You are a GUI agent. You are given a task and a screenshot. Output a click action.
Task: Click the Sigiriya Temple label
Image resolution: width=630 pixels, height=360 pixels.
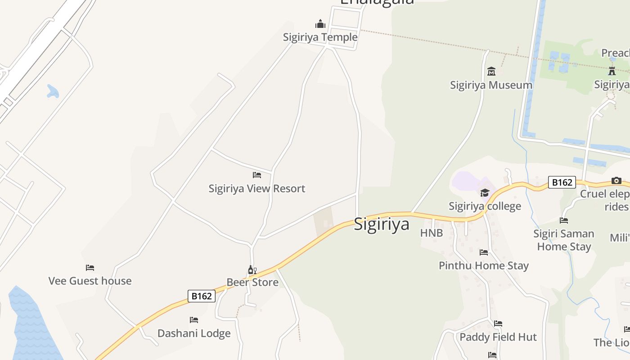320,37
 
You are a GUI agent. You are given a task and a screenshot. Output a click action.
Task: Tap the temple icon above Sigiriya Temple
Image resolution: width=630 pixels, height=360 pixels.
320,24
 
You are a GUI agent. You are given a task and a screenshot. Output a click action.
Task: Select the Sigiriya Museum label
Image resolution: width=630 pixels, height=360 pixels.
491,85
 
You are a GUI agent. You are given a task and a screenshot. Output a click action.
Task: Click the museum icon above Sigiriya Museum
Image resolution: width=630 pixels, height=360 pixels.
491,71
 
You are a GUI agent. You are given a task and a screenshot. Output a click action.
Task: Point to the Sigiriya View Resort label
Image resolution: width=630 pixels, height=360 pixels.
256,188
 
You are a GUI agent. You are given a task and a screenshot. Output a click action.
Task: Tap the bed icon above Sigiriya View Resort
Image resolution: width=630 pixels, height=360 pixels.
257,175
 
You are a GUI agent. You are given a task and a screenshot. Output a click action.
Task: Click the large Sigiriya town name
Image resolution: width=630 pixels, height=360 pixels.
382,224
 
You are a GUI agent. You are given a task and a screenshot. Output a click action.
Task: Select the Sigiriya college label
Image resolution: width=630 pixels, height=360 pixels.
485,206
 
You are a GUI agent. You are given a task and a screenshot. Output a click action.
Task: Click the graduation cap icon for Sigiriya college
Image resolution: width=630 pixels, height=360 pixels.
485,193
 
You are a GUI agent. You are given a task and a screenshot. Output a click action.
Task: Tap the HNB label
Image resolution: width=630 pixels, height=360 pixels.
432,233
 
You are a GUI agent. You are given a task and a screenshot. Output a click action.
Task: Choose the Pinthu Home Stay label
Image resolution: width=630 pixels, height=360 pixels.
484,265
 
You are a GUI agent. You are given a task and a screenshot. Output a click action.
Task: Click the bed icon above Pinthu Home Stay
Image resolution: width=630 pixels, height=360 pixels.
484,252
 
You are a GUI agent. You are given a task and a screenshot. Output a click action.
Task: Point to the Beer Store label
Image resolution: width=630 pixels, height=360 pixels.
252,282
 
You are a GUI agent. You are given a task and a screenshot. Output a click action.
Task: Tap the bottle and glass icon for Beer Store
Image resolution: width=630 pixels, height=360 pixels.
252,270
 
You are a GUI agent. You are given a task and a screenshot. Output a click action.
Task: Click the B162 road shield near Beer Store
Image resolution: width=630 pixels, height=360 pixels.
202,296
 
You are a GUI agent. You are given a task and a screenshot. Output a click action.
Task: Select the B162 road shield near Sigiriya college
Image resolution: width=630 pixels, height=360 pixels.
562,182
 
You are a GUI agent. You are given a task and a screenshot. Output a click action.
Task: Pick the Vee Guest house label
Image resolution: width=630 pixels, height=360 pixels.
90,281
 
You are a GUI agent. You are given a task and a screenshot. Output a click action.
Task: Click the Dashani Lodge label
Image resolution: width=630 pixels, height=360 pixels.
194,333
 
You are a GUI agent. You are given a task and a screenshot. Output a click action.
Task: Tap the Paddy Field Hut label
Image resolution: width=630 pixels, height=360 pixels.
498,337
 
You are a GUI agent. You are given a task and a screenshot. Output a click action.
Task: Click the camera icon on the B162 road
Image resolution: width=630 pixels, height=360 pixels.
616,181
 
